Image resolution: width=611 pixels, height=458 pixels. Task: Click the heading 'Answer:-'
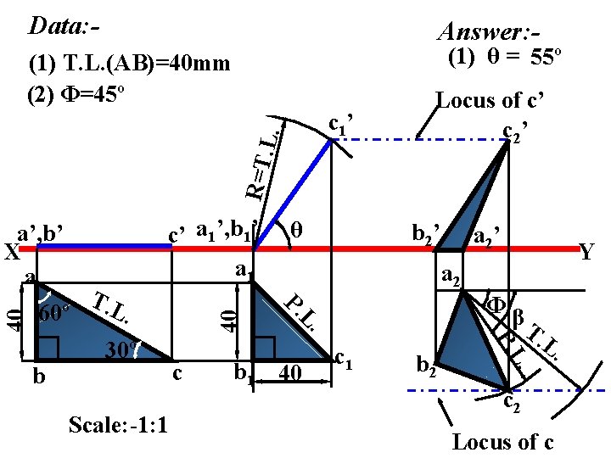485,32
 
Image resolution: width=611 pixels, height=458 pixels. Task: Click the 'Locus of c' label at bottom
503,442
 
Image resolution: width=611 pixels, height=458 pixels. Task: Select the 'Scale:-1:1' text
118,423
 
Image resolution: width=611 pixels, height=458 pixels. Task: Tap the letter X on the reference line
10,253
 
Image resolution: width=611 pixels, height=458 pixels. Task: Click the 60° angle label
55,313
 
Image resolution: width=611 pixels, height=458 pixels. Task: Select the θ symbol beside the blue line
295,229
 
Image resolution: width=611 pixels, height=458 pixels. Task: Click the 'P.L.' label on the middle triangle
301,312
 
